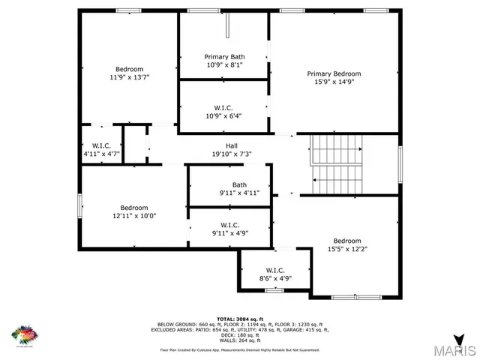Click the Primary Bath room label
[225, 57]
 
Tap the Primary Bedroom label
[334, 73]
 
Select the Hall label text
[232, 145]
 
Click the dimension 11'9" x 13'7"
[130, 76]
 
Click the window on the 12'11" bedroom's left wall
[80, 205]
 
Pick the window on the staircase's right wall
[400, 163]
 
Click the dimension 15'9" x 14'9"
[334, 82]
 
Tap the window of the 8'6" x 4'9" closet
[274, 289]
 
